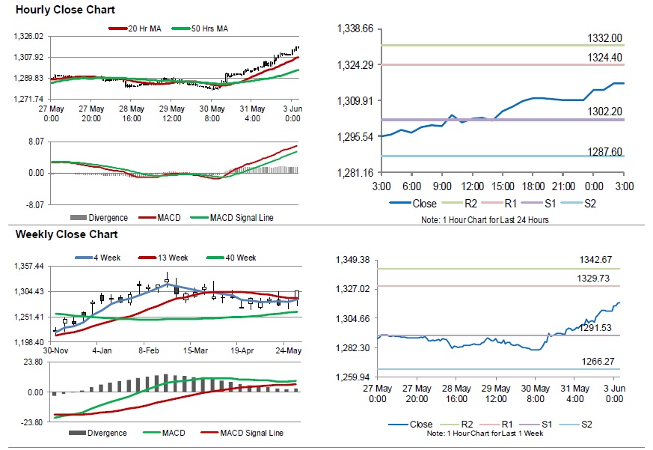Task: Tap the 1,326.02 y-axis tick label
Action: click(30, 36)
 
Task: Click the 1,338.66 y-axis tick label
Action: click(356, 28)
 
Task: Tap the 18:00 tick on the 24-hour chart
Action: click(533, 186)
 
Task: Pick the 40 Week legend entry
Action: click(238, 258)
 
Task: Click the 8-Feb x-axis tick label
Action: click(148, 350)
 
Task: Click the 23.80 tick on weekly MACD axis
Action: click(33, 361)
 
